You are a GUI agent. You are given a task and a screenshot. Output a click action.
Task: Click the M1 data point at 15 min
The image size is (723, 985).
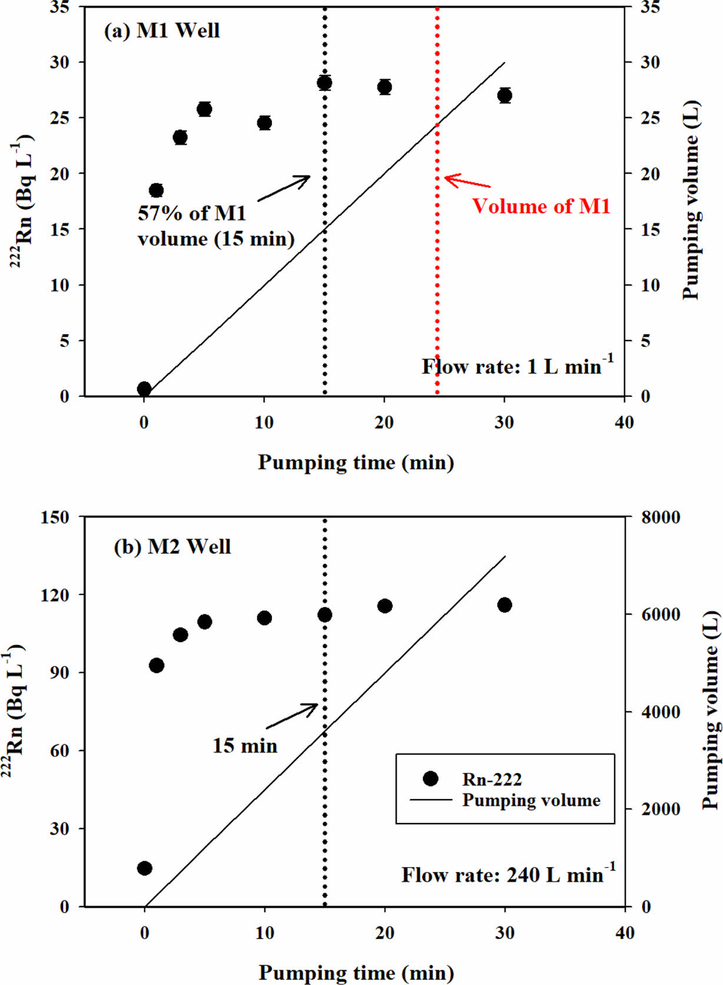click(x=324, y=83)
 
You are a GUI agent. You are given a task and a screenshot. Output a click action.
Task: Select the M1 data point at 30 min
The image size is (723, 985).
click(x=505, y=95)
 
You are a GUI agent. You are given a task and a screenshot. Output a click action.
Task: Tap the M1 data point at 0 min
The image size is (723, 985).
click(x=144, y=389)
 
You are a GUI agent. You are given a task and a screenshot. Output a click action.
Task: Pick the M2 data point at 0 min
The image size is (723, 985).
click(x=145, y=868)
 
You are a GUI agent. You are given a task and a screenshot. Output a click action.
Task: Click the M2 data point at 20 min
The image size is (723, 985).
click(x=385, y=606)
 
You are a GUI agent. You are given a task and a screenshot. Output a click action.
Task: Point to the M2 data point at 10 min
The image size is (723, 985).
click(x=264, y=617)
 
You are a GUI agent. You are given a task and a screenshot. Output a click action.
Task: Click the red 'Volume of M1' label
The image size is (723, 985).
click(x=541, y=206)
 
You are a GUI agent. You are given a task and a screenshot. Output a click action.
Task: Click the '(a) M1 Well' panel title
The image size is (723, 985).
click(x=162, y=31)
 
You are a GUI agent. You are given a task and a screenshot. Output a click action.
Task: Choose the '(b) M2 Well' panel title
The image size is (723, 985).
click(x=172, y=547)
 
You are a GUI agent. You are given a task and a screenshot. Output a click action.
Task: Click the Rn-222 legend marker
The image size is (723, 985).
click(x=431, y=779)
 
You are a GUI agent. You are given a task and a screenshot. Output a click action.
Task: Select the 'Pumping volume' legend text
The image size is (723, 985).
click(x=531, y=800)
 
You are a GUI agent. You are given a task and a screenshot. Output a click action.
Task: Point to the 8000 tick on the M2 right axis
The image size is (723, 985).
click(x=660, y=517)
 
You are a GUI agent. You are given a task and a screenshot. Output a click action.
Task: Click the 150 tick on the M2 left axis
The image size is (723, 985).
click(x=55, y=517)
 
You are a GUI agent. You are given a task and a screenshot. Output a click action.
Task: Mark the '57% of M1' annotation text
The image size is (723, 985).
click(x=192, y=213)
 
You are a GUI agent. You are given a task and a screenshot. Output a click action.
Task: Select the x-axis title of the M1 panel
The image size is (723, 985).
click(x=356, y=462)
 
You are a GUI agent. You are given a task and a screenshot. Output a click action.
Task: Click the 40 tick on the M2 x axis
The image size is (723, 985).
click(x=625, y=933)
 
